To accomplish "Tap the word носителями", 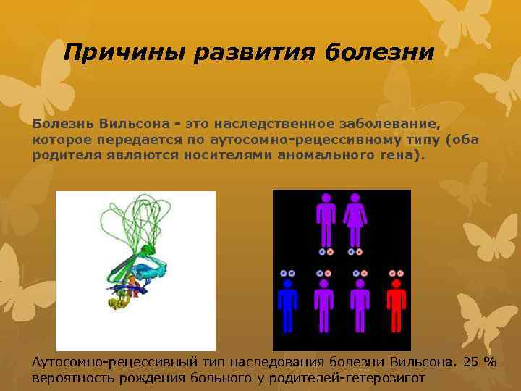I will point(229,155).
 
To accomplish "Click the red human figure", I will point(396,308).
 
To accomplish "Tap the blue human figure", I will point(288,308).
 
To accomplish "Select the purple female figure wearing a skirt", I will point(355,220).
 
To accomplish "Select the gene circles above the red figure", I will point(396,273).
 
